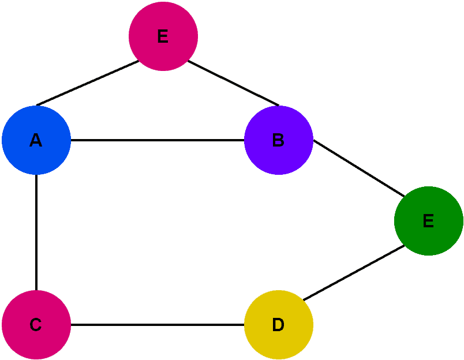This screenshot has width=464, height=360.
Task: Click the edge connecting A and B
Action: pos(158,140)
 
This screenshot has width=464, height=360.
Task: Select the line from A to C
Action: pos(36,232)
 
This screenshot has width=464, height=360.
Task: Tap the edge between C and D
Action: pos(158,325)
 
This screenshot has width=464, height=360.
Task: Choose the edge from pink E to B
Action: pos(234,83)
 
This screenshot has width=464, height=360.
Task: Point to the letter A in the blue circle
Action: pos(36,140)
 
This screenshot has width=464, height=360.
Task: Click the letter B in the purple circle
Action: pos(278,140)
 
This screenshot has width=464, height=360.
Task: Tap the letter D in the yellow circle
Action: pos(278,325)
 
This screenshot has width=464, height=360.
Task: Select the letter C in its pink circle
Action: pos(36,325)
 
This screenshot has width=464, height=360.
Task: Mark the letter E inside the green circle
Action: pos(428,221)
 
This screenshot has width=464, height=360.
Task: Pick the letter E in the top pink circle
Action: pos(163,36)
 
